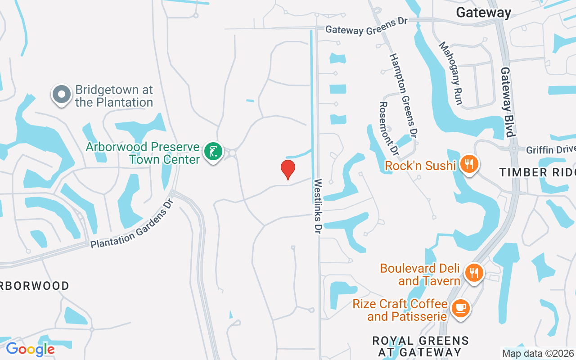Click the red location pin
288,170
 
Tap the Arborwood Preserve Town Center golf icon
213,151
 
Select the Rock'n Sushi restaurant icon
469,164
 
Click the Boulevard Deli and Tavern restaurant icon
473,273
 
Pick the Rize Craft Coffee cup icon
460,308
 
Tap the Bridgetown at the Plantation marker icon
62,95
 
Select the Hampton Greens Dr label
402,95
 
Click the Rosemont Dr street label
389,126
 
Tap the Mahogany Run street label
450,73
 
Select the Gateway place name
483,13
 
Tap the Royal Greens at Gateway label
420,346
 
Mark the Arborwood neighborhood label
35,286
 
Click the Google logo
30,349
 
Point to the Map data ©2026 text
538,353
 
